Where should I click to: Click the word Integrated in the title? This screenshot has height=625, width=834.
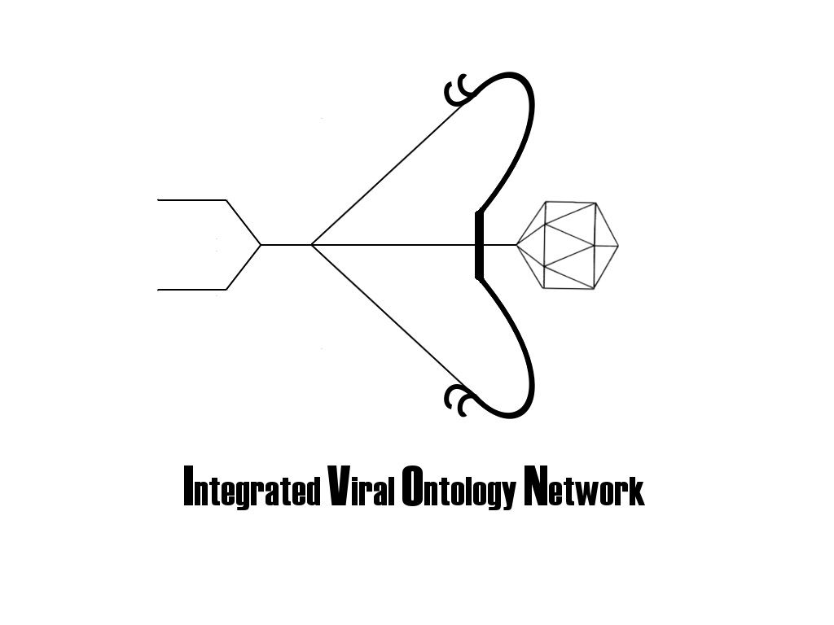(252, 489)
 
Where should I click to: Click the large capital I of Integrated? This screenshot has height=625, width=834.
(189, 487)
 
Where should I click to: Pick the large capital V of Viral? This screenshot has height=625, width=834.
(336, 487)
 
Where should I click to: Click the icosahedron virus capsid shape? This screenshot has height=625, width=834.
(568, 244)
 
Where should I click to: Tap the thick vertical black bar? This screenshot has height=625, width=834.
(479, 244)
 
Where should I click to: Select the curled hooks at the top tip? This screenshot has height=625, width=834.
(459, 90)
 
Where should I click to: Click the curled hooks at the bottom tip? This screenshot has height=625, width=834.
(459, 400)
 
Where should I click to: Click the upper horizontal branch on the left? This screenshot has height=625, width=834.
(191, 199)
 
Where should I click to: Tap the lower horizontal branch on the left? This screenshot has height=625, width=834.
(191, 289)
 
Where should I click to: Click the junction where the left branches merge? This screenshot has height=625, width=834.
(261, 244)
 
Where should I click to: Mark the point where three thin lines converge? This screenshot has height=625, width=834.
(312, 244)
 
